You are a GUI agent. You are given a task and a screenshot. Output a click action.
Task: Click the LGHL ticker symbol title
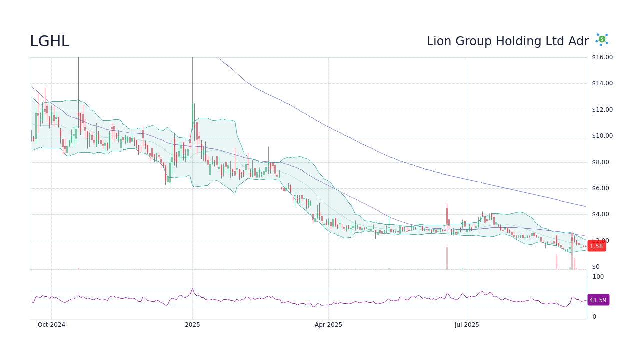point(50,41)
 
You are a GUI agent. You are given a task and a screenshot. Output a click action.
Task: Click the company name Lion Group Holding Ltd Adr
point(507,41)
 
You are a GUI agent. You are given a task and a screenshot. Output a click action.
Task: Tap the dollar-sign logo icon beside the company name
point(602,39)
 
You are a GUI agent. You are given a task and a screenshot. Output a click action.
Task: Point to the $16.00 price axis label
point(602,57)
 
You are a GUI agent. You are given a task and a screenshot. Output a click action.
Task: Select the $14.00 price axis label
point(602,83)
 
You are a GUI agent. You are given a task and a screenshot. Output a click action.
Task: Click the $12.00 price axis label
point(602,110)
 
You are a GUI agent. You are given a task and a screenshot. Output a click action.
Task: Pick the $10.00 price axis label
point(602,136)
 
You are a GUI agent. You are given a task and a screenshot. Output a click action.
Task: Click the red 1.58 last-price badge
point(596,246)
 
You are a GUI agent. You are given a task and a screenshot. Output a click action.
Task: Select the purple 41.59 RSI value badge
point(598,300)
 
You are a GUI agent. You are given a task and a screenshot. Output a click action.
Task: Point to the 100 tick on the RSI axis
point(598,277)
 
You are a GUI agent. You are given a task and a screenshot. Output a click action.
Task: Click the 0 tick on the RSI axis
point(594,317)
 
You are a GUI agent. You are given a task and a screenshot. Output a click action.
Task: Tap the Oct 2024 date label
point(51,325)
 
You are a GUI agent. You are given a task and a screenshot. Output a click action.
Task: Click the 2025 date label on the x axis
point(192,325)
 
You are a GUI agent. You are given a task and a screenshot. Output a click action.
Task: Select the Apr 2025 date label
point(328,325)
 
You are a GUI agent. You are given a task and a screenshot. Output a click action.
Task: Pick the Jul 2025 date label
point(467,325)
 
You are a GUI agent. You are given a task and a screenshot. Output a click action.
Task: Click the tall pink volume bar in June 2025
point(447,258)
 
